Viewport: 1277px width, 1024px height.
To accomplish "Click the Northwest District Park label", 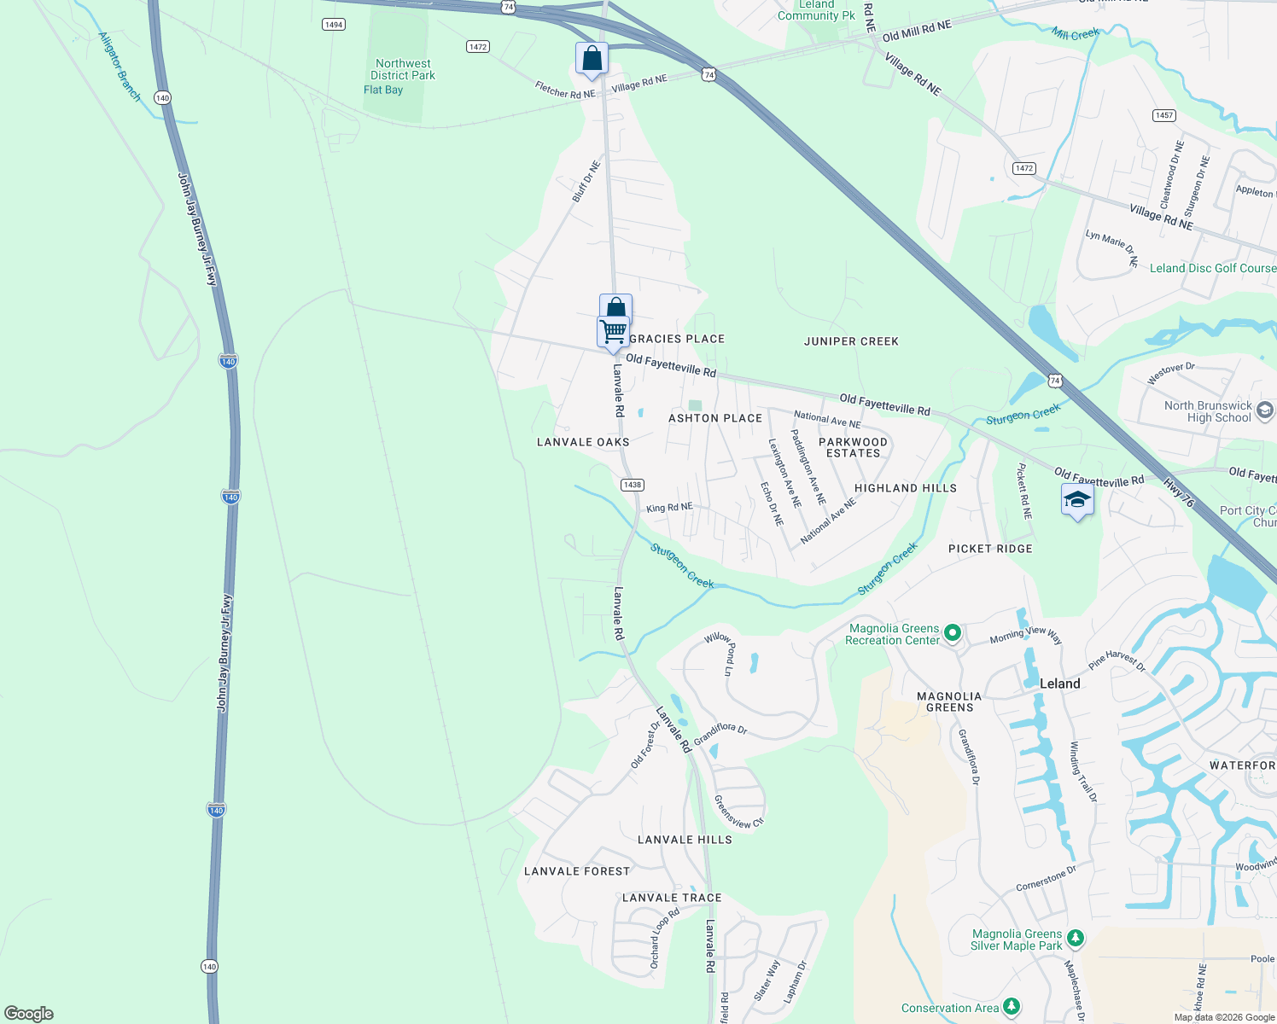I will pyautogui.click(x=403, y=70).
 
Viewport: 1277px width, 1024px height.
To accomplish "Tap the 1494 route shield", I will pyautogui.click(x=334, y=25).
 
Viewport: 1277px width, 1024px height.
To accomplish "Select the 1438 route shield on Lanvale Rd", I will pyautogui.click(x=632, y=485).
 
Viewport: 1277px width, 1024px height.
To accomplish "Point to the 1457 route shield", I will pyautogui.click(x=1164, y=115).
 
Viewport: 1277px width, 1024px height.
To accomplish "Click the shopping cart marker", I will pyautogui.click(x=613, y=331).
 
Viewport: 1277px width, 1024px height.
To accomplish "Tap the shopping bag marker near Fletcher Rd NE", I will pyautogui.click(x=592, y=59).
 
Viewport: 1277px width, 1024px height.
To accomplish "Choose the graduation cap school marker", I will pyautogui.click(x=1077, y=499).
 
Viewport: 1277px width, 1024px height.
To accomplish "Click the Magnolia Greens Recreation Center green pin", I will pyautogui.click(x=953, y=633).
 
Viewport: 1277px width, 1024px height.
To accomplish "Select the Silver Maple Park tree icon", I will pyautogui.click(x=1076, y=939).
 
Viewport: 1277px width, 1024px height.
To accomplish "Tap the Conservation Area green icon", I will pyautogui.click(x=1011, y=1007).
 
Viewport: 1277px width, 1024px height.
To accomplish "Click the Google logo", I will pyautogui.click(x=29, y=1014).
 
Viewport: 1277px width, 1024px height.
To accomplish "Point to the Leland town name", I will pyautogui.click(x=1059, y=684).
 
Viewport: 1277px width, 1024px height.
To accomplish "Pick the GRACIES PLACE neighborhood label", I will pyautogui.click(x=677, y=339).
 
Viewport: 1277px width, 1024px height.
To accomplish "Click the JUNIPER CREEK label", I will pyautogui.click(x=851, y=341).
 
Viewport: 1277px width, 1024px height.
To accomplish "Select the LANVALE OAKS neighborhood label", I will pyautogui.click(x=583, y=442).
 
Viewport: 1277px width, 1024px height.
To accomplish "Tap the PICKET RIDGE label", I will pyautogui.click(x=990, y=549).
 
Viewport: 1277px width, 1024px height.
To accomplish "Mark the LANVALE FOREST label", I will pyautogui.click(x=577, y=871).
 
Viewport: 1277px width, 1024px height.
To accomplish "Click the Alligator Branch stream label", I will pyautogui.click(x=120, y=67).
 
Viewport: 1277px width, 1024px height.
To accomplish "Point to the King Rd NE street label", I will pyautogui.click(x=669, y=508).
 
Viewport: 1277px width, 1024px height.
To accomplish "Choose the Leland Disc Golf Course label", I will pyautogui.click(x=1212, y=268).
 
